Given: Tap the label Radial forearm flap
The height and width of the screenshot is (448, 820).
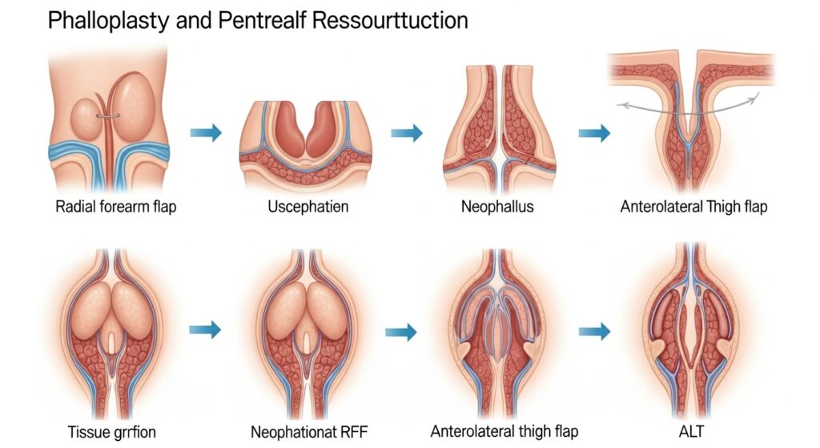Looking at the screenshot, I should click(117, 207).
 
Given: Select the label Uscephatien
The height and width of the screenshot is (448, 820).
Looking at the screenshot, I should click(307, 207).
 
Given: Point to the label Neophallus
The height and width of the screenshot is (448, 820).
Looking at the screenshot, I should click(497, 207).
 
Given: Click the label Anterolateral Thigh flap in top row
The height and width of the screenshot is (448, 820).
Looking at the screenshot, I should click(693, 207).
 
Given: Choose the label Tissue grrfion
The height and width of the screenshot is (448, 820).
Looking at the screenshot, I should click(107, 432).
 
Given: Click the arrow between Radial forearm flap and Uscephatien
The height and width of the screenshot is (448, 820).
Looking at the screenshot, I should click(206, 133).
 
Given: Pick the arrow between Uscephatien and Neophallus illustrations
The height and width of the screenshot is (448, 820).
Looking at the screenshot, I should click(406, 133).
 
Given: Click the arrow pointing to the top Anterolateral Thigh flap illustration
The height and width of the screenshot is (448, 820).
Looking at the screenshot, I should click(593, 133).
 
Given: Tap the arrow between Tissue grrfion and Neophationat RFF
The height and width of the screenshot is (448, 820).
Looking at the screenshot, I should click(206, 329).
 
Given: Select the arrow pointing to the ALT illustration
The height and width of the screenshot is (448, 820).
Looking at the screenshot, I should click(593, 329).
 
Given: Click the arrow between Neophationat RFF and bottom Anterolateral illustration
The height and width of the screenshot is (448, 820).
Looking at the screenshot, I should click(401, 330).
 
